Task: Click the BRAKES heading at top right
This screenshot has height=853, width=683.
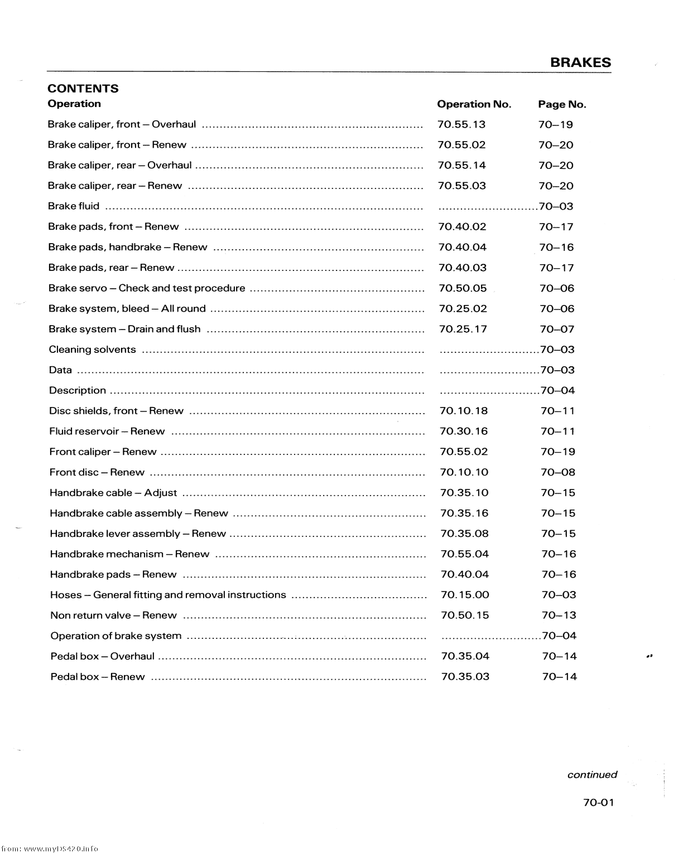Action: (580, 62)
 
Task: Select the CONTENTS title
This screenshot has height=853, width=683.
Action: (83, 89)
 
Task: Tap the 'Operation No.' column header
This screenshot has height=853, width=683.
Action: (474, 104)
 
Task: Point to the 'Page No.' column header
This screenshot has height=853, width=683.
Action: (562, 104)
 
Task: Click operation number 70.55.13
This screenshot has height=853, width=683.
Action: (461, 124)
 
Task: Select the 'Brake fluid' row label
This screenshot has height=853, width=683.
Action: (74, 206)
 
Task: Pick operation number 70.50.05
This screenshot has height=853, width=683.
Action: (463, 288)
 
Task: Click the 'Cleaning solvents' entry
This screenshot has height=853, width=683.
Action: (93, 350)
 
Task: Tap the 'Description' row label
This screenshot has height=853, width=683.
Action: (78, 390)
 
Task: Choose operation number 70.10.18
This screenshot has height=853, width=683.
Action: (464, 411)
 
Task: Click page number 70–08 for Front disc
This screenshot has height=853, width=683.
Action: (557, 472)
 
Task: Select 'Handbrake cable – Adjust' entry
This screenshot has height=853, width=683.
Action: (113, 493)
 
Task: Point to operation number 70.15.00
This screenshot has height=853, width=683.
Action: (465, 595)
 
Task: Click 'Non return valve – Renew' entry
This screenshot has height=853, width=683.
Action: (113, 615)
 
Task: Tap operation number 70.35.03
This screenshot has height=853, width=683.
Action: (465, 677)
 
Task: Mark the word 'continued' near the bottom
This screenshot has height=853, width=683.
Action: (592, 774)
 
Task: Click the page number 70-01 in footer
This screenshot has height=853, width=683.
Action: (598, 803)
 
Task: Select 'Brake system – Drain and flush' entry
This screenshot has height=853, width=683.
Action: (124, 329)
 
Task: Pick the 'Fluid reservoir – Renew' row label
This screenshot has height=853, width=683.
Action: (107, 432)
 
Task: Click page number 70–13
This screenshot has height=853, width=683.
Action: (559, 615)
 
